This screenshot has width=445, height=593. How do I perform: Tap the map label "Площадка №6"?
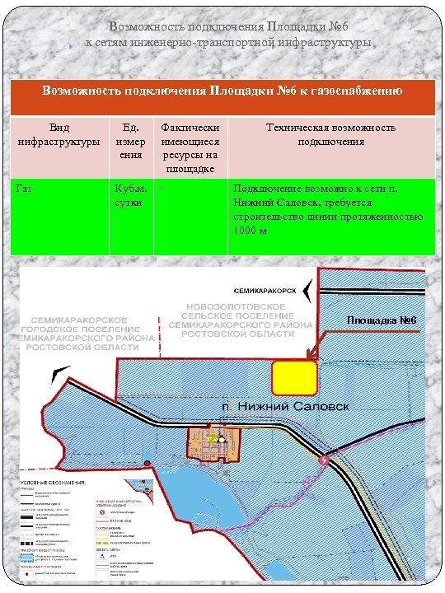point(382,320)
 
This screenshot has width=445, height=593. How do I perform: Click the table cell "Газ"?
point(25,189)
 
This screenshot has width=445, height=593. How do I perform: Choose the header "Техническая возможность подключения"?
point(330,134)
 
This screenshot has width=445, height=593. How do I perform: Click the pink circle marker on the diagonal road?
point(324,462)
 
